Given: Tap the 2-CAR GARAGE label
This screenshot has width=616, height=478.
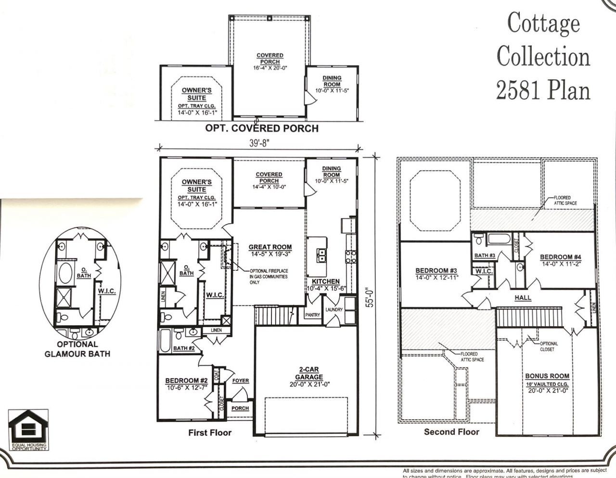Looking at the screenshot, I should (309, 373).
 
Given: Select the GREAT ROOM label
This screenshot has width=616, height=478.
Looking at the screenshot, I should (270, 247).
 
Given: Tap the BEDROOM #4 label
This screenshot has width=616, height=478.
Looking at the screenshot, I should (561, 257).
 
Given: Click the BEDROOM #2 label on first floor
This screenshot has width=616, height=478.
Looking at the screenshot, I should (186, 380).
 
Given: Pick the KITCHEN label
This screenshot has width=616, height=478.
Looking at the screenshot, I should (325, 281).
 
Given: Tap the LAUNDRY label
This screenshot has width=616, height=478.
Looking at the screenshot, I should (334, 310).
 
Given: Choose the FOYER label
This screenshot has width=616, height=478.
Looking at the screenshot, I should (241, 381).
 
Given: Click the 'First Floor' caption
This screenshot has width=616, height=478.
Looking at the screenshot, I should (210, 433).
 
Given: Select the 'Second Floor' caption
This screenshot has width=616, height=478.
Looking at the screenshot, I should (451, 432).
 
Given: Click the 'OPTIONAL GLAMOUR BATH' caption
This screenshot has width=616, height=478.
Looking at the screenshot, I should (77, 349).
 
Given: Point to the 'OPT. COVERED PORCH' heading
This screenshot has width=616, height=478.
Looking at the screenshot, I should (262, 128).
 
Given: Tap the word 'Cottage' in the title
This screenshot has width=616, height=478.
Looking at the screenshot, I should (543, 23).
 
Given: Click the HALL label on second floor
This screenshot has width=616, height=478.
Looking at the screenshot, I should (523, 298).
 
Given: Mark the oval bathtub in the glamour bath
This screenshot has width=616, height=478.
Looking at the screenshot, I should (65, 273).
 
